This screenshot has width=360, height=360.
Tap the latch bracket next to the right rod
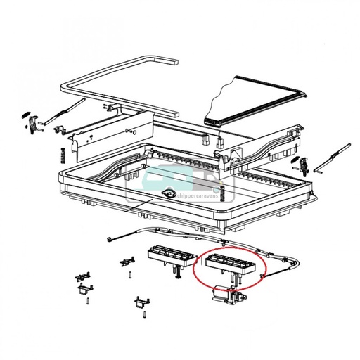(x=304, y=166)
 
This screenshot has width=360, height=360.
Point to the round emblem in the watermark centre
(x=169, y=194)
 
